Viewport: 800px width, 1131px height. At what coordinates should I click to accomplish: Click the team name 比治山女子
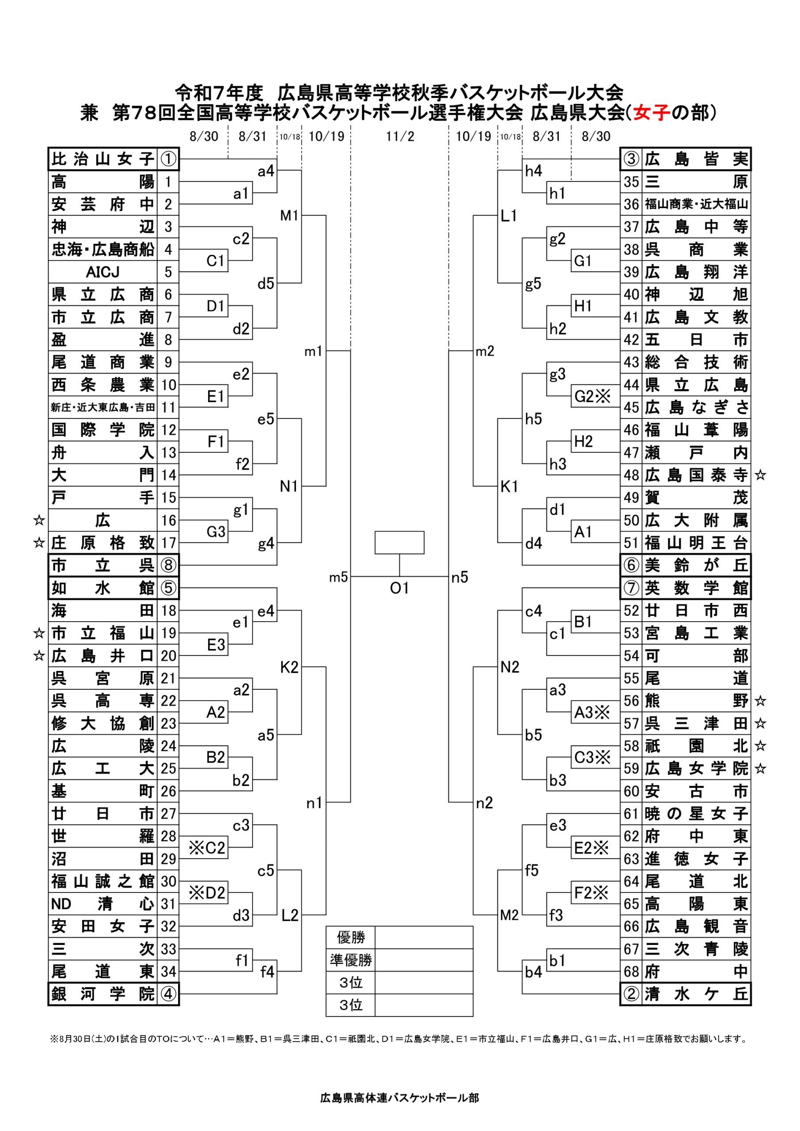tap(102, 159)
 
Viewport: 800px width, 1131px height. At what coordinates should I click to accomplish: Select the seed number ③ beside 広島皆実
tap(631, 159)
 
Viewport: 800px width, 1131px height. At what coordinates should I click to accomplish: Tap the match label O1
tap(399, 588)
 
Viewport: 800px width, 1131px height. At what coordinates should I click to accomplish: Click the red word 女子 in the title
tap(652, 113)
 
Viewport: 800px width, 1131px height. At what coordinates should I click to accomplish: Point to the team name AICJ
tap(102, 272)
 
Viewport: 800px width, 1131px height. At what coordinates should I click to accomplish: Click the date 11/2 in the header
tap(399, 137)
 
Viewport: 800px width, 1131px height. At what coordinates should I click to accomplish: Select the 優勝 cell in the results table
tap(351, 937)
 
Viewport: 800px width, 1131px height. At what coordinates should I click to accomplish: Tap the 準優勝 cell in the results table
tap(351, 960)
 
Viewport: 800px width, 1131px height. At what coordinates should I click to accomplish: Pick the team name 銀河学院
tap(102, 994)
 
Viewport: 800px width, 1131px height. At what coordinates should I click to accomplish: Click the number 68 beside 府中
tap(631, 972)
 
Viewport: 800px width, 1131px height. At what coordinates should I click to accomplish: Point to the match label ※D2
tap(207, 892)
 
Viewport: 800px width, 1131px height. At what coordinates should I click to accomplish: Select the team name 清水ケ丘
tap(696, 994)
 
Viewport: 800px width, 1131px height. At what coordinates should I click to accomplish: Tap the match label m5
tap(338, 577)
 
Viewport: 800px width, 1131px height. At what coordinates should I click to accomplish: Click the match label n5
tap(459, 577)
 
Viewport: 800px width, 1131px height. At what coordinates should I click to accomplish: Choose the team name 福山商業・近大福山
tap(696, 204)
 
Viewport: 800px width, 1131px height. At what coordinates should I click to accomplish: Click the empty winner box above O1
tap(399, 543)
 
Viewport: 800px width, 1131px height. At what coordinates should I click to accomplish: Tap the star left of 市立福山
tap(39, 633)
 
